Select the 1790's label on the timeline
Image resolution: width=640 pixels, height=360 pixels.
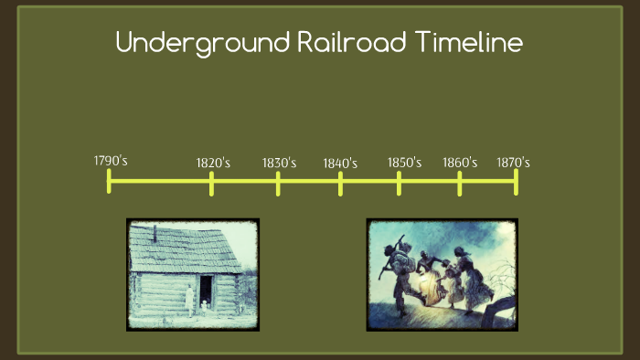110,161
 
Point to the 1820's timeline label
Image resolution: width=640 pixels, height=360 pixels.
213,164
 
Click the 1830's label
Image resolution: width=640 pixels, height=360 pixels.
279,163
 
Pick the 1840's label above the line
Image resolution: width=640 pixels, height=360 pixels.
340,164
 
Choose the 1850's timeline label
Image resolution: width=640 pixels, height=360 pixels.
404,163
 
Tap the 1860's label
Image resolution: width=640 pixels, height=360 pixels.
460,163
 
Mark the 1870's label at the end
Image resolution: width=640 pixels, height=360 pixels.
513,163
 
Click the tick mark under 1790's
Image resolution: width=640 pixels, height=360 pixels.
109,181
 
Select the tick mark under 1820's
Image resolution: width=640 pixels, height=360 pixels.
211,183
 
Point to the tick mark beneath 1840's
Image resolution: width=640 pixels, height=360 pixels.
340,183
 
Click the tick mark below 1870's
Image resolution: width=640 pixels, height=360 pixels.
516,182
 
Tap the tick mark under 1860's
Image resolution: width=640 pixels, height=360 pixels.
460,183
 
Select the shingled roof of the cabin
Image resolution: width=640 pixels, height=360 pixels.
177,248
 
